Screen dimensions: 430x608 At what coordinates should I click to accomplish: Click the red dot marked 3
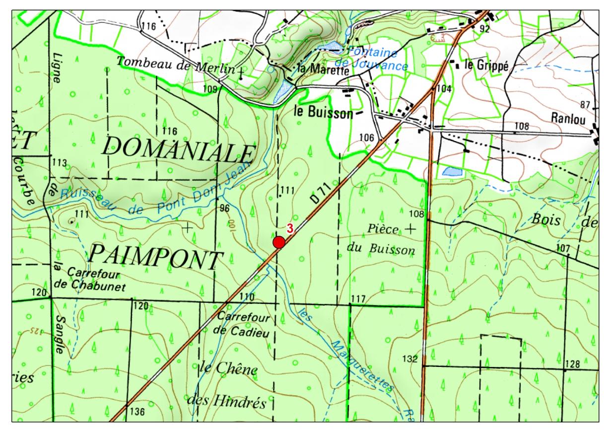[x=279, y=242]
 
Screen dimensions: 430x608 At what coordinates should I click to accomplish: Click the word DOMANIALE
[x=178, y=147]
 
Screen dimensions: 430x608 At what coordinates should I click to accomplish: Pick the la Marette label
[x=323, y=70]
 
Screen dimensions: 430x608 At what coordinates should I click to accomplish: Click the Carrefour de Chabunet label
[x=92, y=280]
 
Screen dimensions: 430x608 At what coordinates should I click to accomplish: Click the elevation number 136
[x=136, y=412]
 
